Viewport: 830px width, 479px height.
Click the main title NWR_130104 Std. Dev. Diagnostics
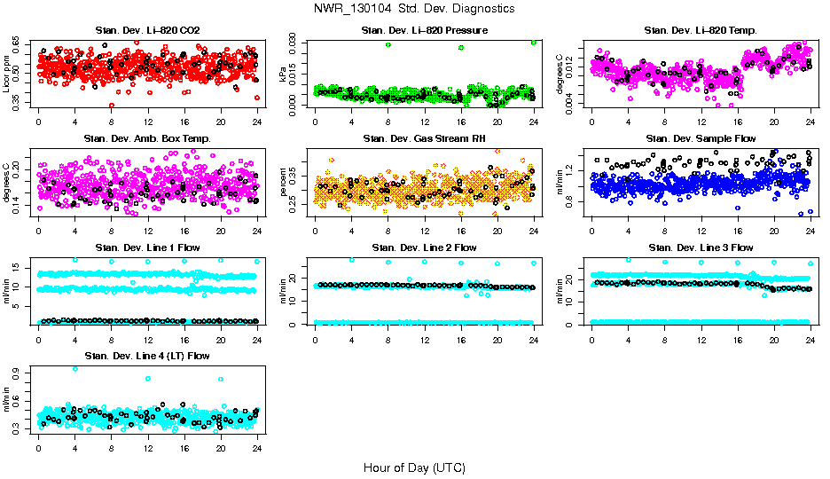tap(414, 9)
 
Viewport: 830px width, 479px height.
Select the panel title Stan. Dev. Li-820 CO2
tap(147, 30)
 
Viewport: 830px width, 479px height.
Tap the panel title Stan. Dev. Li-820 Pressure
tap(425, 30)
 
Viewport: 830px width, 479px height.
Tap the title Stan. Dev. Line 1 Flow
tap(147, 247)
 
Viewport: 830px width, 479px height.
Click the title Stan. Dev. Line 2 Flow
tap(425, 247)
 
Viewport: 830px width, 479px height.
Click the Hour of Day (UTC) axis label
tap(414, 467)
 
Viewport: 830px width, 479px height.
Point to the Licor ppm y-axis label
tap(7, 74)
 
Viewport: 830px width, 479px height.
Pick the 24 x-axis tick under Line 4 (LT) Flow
tap(257, 448)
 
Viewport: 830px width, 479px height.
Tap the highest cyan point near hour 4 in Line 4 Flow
tap(74, 368)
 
